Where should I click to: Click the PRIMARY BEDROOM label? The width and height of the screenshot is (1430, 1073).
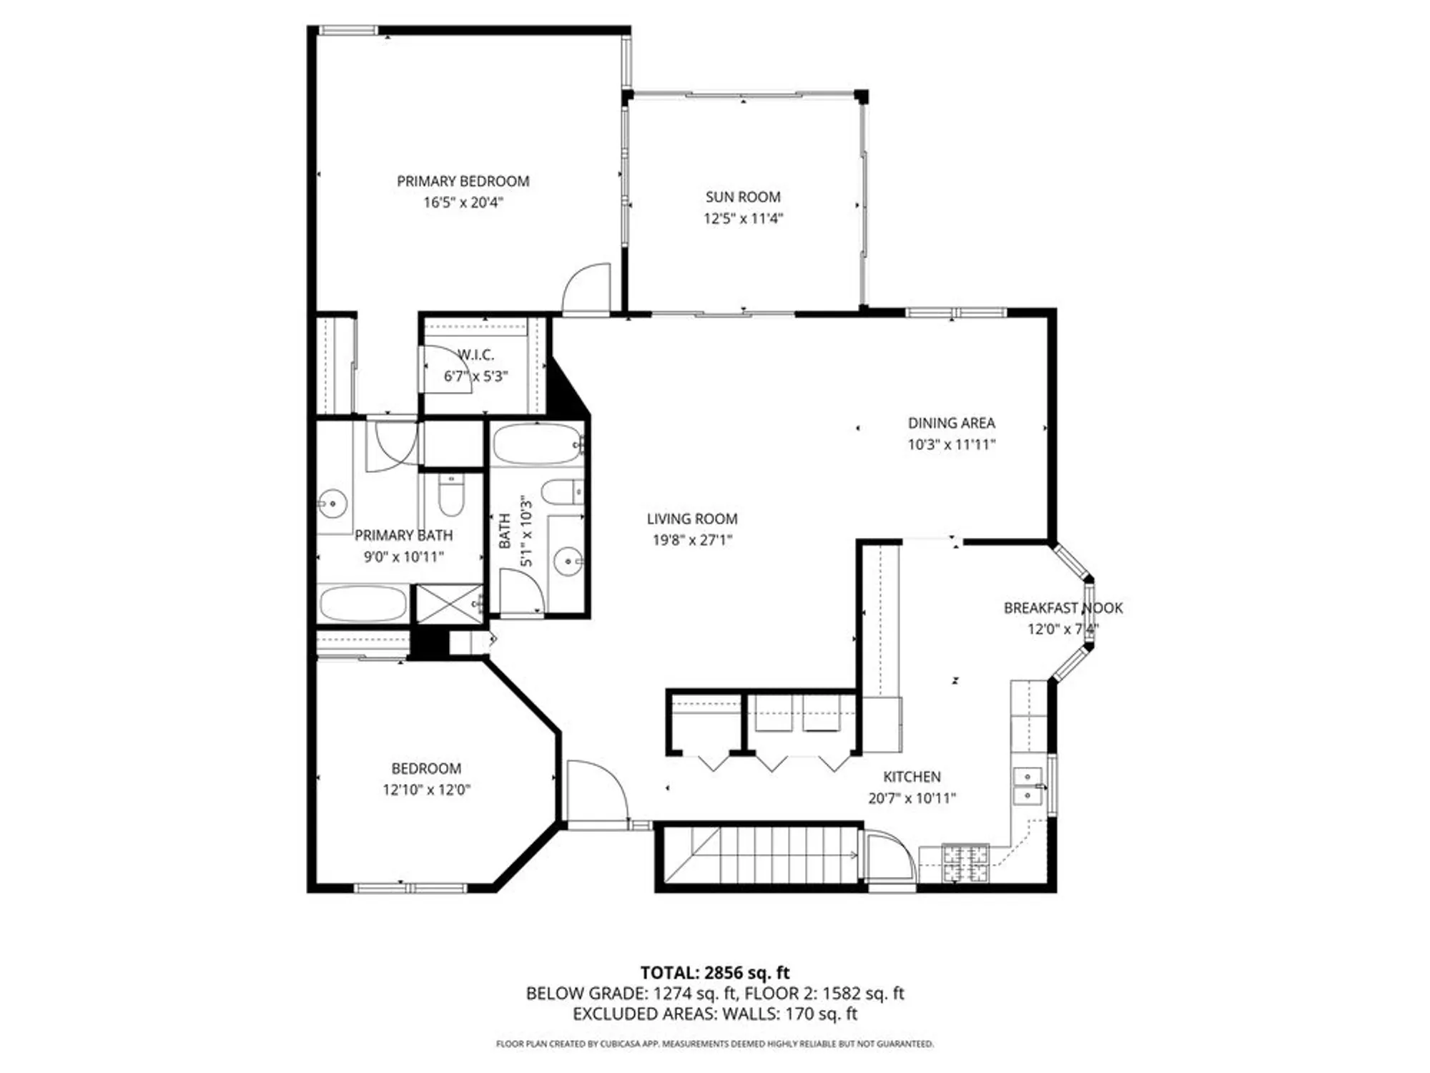[463, 181]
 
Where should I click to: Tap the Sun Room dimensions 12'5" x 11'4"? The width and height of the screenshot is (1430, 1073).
[743, 218]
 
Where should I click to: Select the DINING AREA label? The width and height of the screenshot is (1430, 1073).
[951, 423]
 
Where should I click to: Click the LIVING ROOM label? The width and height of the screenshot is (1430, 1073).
[691, 519]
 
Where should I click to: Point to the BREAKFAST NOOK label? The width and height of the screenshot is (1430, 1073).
[1062, 608]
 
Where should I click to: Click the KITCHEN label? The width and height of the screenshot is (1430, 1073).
[912, 777]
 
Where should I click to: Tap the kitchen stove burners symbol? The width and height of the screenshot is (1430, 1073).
[965, 863]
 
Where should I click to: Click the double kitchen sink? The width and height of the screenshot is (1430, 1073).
[1028, 786]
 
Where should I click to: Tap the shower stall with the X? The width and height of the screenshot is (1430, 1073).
[449, 603]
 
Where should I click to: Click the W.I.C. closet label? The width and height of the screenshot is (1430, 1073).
[476, 355]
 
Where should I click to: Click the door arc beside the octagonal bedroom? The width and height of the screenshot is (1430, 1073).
[595, 790]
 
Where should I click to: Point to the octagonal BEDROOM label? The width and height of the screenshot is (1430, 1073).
[426, 768]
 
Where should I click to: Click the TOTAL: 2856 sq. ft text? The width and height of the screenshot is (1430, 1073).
[714, 973]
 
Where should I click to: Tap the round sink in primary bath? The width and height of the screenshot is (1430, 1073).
[332, 504]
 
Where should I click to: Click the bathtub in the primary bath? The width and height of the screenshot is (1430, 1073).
[363, 604]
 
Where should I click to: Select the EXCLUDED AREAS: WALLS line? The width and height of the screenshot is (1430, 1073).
[714, 1014]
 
